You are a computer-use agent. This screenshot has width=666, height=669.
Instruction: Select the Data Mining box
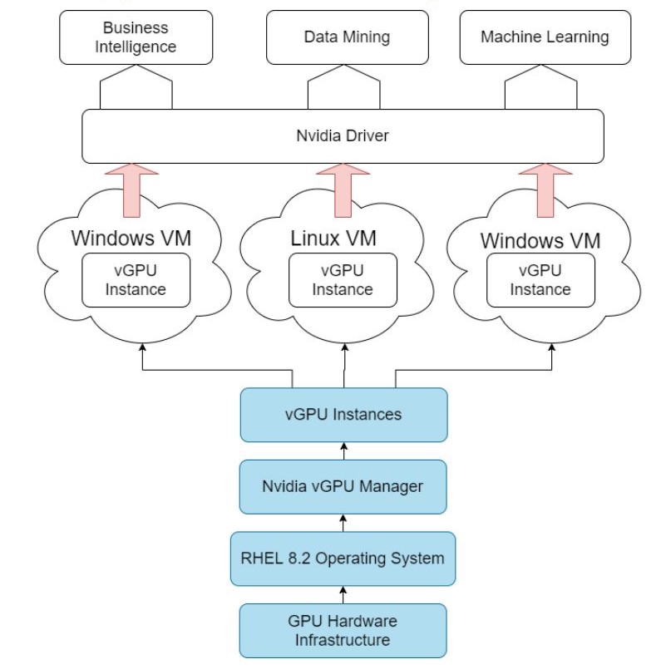[x=346, y=37]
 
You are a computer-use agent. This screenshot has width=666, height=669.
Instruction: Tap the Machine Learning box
[x=544, y=37]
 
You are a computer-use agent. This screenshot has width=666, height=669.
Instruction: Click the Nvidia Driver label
[x=343, y=135]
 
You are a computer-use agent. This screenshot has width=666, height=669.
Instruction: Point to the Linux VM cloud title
[x=333, y=239]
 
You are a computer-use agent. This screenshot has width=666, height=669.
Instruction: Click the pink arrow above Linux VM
[x=343, y=189]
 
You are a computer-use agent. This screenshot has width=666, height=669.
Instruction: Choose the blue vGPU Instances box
[x=343, y=414]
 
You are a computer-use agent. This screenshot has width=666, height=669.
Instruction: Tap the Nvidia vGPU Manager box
[x=343, y=486]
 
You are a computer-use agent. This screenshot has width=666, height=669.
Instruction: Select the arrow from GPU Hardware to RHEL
[x=343, y=594]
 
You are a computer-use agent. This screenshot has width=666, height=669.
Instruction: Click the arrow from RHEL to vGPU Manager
[x=343, y=522]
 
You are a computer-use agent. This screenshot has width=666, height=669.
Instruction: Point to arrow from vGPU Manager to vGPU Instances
[x=343, y=450]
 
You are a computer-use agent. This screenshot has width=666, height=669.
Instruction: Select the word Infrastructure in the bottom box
[x=343, y=641]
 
